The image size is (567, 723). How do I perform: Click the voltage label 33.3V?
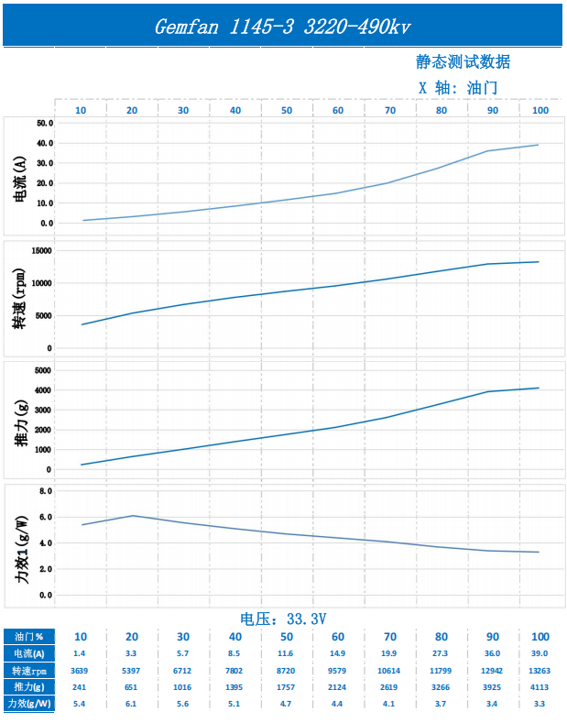[x=283, y=619]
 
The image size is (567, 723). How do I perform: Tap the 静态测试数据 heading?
[x=463, y=61]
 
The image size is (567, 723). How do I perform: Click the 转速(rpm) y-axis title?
[x=20, y=299]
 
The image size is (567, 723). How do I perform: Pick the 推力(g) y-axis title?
[x=20, y=421]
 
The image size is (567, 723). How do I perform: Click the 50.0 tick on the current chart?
[x=45, y=123]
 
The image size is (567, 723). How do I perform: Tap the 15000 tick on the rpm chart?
[x=41, y=250]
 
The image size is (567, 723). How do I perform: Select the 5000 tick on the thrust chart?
[x=43, y=370]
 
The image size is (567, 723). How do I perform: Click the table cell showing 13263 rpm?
[x=540, y=670]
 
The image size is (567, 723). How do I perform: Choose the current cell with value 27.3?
[x=441, y=653]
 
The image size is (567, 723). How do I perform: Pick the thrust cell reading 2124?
[x=337, y=686]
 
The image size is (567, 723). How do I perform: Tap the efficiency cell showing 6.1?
[x=131, y=703]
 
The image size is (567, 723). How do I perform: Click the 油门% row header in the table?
[x=27, y=637]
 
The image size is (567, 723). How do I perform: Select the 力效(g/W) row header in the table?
[x=27, y=703]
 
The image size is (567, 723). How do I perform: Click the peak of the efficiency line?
[x=133, y=515]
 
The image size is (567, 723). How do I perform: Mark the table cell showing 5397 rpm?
[x=131, y=670]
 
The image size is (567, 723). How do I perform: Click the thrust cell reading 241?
[x=80, y=686]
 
